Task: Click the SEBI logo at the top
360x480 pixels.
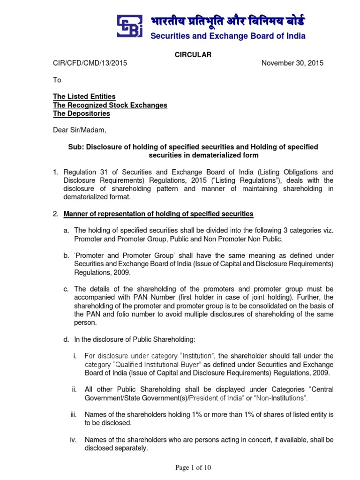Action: (x=130, y=26)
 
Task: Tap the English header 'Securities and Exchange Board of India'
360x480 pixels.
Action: (x=227, y=36)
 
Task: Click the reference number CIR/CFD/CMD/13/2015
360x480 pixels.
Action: (x=90, y=63)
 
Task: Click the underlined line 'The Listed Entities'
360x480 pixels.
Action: (x=84, y=97)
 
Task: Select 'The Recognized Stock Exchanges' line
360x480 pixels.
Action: (x=110, y=105)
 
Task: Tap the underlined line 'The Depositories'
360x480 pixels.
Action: (x=82, y=113)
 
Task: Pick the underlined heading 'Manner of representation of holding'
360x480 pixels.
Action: (x=158, y=214)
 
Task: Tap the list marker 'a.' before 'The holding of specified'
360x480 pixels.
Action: (x=67, y=231)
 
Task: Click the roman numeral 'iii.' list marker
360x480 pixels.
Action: (x=74, y=414)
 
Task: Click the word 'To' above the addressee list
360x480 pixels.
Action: (x=57, y=80)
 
